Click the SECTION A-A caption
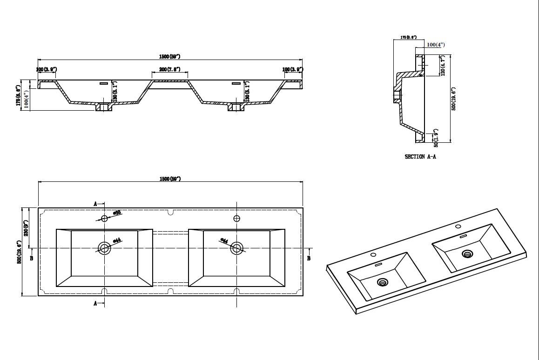[x=420, y=157]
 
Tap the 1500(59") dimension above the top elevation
[x=169, y=56]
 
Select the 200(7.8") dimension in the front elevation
[x=170, y=69]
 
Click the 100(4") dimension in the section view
[x=436, y=45]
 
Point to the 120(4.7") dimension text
[x=443, y=66]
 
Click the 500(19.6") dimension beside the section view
[x=453, y=99]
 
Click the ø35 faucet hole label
[x=118, y=213]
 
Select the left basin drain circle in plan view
[x=104, y=248]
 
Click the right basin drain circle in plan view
[x=237, y=248]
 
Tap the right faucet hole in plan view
[x=237, y=218]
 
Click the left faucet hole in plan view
[x=104, y=218]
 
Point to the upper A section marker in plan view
[x=95, y=204]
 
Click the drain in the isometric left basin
[x=383, y=282]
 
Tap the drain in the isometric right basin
[x=467, y=253]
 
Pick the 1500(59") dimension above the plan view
[x=169, y=179]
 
